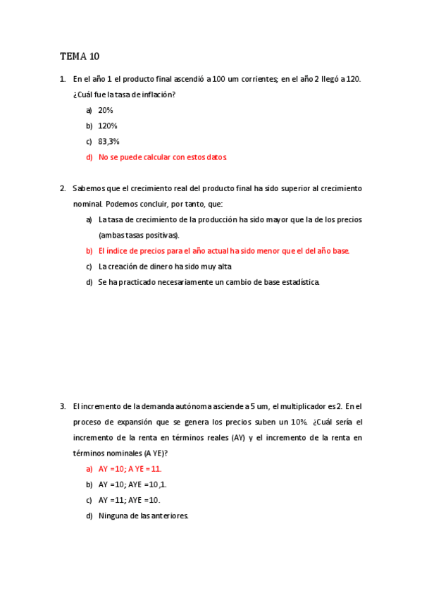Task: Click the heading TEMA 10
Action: pos(80,56)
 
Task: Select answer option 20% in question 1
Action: pos(106,110)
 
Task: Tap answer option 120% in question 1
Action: pos(107,126)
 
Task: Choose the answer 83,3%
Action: pos(108,141)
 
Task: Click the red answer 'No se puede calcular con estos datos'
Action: pos(163,157)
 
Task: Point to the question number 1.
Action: pos(63,79)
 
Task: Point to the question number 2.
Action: pos(63,188)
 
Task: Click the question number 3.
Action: pos(63,406)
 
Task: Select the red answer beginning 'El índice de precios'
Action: pos(224,250)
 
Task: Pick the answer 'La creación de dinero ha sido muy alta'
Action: pos(165,267)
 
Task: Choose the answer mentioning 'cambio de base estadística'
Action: pos(209,282)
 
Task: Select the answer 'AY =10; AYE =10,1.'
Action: pos(132,484)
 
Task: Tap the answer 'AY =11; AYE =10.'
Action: pos(130,500)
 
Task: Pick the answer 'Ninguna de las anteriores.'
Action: pos(144,515)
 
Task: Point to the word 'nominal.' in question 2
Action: pos(87,204)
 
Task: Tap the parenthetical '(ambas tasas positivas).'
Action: pos(139,235)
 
